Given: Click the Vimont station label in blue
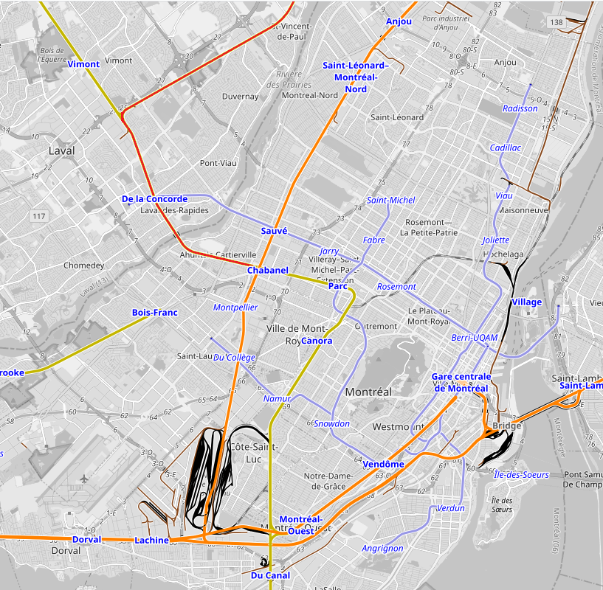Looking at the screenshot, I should (83, 64).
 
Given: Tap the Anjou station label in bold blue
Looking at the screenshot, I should (399, 21).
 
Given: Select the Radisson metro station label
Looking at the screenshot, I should (520, 108).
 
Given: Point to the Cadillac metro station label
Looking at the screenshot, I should (506, 147).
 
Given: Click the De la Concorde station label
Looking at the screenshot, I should (154, 199).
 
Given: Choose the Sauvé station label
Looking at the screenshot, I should (274, 231).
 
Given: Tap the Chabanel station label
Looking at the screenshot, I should (267, 271).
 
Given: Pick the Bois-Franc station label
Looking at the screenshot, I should (155, 313).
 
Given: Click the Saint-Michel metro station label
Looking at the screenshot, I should (391, 200).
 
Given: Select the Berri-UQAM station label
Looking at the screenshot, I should (475, 338).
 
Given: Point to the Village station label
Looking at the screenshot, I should (526, 302).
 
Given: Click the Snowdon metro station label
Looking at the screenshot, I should (331, 424).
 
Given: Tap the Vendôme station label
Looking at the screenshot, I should (384, 464).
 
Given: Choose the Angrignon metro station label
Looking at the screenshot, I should (382, 548).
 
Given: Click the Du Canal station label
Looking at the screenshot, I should (270, 575).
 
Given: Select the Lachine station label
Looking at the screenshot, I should (152, 541).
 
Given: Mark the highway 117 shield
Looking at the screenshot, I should (39, 216).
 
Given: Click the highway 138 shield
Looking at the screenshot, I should (556, 23).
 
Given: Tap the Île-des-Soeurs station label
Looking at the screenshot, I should (521, 474).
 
